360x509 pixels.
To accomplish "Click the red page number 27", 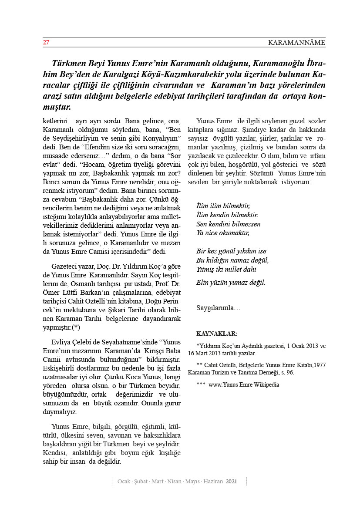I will pos(46,43).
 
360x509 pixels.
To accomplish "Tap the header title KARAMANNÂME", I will pos(296,43).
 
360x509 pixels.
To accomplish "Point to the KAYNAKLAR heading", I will pos(217,334).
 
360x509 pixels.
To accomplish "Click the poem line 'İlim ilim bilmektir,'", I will pos(224,206).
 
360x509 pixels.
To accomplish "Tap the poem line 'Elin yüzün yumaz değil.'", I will pos(231,282).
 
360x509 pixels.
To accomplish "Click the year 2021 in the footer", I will pos(232,482).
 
